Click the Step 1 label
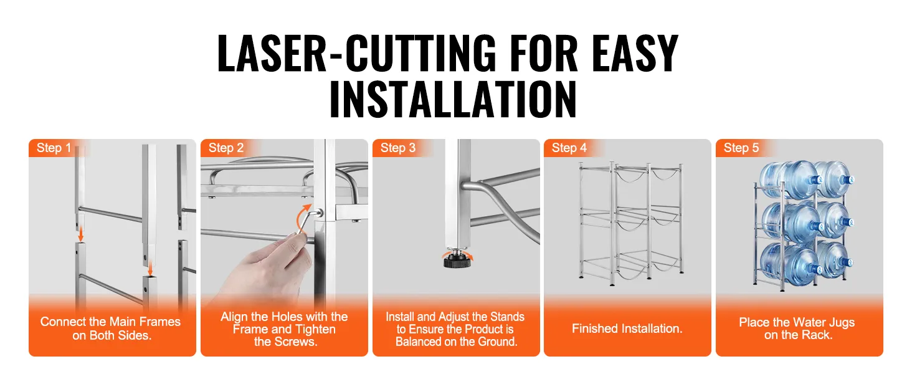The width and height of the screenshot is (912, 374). point(54,148)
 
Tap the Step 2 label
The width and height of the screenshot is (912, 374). point(226,148)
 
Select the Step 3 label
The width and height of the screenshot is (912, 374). point(398,148)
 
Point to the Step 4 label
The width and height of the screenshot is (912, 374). point(569,148)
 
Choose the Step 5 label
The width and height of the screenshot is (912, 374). point(741,148)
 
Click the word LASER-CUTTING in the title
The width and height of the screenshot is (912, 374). point(357,54)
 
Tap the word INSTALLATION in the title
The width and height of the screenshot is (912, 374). point(453,99)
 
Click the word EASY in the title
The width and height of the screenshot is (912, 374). point(635,54)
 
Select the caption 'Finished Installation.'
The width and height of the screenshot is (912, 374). point(627,328)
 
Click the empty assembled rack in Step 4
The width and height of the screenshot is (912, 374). point(630,223)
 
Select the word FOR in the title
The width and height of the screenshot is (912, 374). point(544,54)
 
